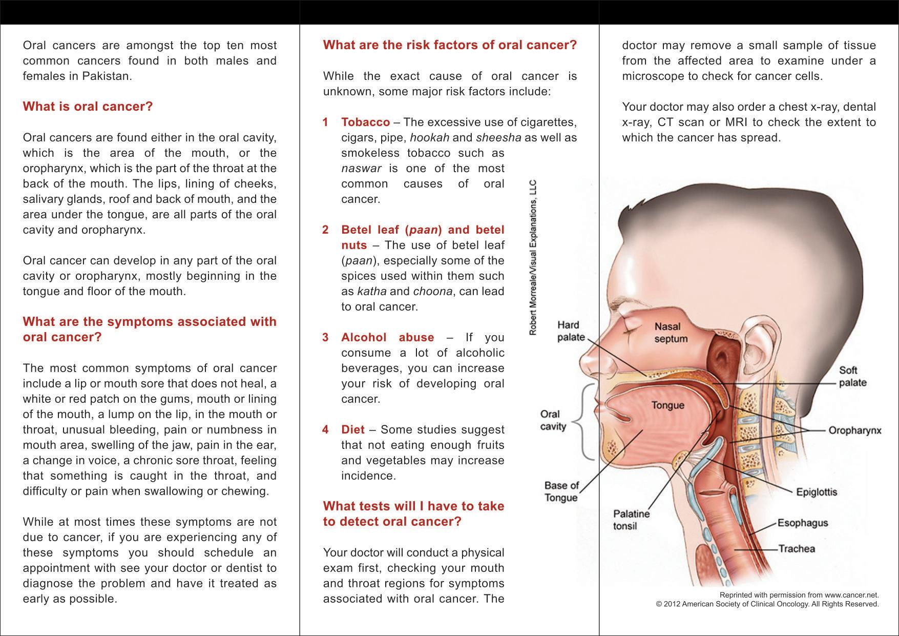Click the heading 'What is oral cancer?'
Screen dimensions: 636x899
coord(88,107)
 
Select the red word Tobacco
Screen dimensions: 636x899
coord(365,122)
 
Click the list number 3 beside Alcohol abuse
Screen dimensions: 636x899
coord(325,338)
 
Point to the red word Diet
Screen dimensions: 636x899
coord(353,430)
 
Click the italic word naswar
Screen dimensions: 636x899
coord(361,169)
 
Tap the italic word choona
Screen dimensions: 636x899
coord(432,292)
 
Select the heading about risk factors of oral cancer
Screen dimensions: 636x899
coord(450,45)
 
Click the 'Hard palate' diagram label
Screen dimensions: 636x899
coord(571,331)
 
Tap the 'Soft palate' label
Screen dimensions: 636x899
coord(852,377)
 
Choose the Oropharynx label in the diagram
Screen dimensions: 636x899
coord(854,430)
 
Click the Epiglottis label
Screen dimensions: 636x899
coord(817,493)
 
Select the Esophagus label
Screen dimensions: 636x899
coord(803,523)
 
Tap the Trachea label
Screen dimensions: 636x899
coord(797,549)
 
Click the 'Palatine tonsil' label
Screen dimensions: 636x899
coord(631,520)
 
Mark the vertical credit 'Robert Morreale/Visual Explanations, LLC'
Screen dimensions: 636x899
coord(533,258)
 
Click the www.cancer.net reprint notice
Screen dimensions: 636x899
coord(799,595)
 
